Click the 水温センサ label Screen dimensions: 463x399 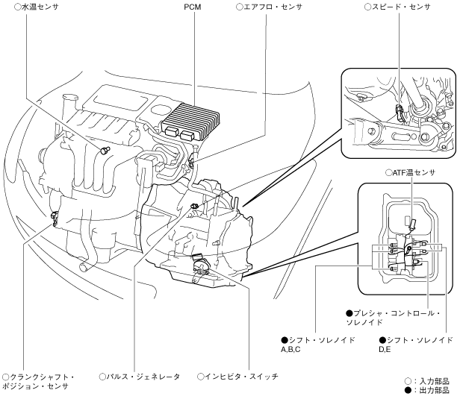pos(37,7)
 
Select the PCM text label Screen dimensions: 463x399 pos(193,7)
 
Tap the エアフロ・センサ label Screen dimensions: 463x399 pos(270,7)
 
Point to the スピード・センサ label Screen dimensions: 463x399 pos(397,7)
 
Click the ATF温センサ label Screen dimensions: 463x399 pos(411,172)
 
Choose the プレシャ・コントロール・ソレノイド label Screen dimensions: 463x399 pos(394,318)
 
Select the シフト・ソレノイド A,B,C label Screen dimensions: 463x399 pos(317,345)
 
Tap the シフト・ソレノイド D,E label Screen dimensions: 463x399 pos(416,345)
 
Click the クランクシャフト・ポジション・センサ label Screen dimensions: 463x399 pos(38,381)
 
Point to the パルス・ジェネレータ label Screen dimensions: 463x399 pos(140,377)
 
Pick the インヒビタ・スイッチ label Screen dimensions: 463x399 pos(237,377)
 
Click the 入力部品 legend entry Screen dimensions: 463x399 pos(427,381)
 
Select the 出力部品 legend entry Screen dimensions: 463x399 pos(427,391)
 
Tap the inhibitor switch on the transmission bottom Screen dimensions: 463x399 pos(200,268)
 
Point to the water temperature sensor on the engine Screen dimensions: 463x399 pos(105,151)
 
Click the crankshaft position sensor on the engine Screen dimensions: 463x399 pos(54,219)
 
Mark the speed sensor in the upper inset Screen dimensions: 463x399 pos(400,113)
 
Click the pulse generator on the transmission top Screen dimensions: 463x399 pos(193,206)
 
